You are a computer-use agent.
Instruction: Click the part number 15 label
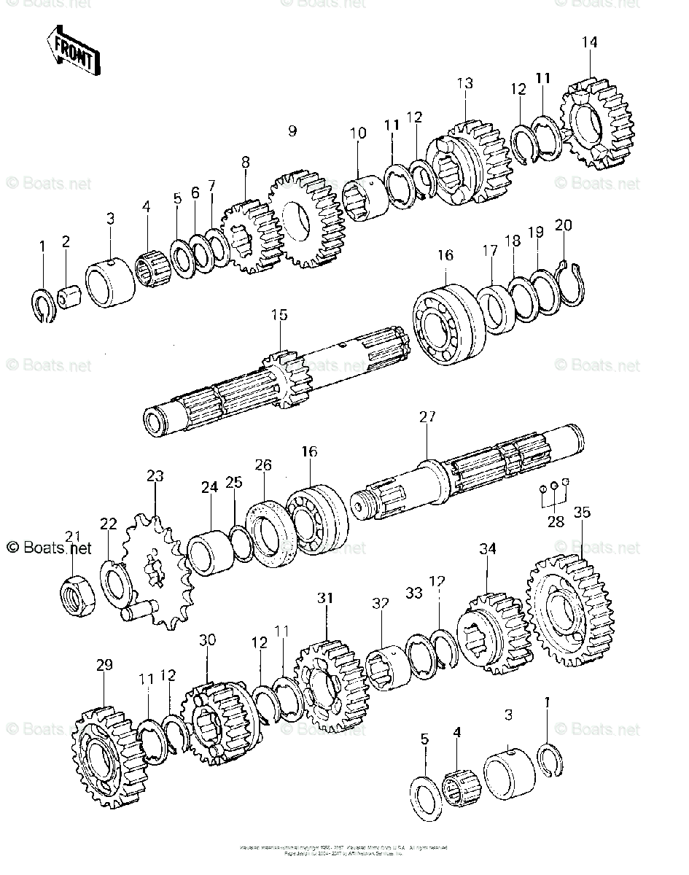point(279,315)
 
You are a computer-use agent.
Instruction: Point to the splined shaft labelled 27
point(467,475)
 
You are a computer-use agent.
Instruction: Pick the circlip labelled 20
point(572,281)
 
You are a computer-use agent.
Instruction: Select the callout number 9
point(292,131)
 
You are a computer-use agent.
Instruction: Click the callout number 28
point(556,522)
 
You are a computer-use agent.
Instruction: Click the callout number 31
point(325,599)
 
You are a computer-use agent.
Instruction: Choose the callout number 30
point(208,639)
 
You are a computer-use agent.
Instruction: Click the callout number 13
point(465,83)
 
